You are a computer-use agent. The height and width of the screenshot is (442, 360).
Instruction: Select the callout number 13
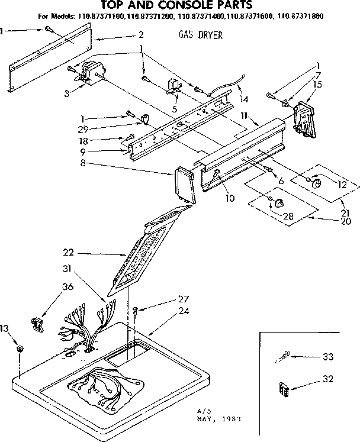point(5,330)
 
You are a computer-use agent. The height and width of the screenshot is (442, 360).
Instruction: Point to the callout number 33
point(326,357)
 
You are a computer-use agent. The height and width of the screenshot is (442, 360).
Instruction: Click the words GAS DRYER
point(200,36)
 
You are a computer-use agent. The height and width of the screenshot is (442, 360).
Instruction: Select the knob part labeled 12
point(316,184)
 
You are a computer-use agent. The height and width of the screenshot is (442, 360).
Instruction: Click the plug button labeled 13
point(20,348)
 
